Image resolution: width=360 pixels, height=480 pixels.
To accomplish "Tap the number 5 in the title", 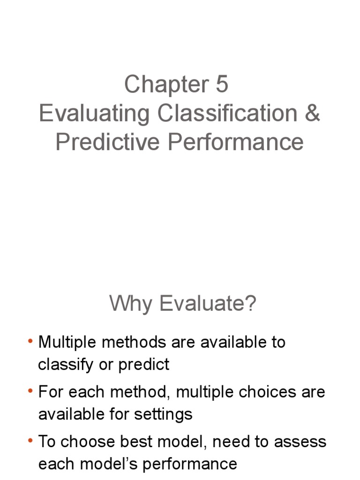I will coord(222,85).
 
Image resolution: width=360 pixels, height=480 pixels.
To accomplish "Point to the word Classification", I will coord(227,113).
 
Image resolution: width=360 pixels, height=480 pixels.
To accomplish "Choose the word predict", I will coord(144,365).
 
